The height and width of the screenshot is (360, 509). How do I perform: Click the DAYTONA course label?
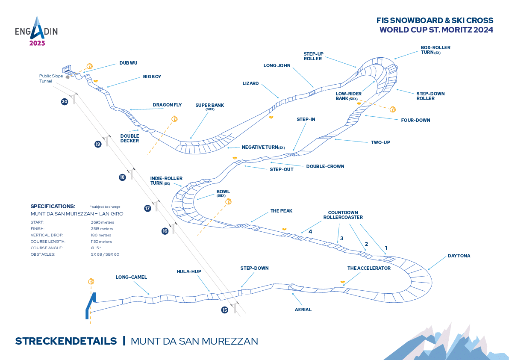459,256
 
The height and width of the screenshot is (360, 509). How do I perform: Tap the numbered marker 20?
65,102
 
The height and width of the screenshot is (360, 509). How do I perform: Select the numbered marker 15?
225,310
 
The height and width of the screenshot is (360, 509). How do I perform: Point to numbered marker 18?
122,177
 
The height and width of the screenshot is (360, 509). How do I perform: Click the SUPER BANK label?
209,106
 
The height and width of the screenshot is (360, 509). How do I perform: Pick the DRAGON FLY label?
165,105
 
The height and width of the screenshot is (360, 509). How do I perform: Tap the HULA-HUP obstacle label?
189,271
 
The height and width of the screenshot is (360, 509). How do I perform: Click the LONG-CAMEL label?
131,277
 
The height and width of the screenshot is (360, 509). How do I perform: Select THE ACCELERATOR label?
369,268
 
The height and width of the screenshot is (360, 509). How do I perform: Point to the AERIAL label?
303,309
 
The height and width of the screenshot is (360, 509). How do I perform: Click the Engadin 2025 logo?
36,31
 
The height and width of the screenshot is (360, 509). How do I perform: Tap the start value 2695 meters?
103,222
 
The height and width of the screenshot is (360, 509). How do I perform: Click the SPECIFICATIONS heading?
53,206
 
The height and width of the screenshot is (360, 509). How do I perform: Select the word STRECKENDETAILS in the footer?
66,341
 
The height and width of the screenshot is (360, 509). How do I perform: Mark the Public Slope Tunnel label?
51,78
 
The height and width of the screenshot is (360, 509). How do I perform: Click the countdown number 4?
311,231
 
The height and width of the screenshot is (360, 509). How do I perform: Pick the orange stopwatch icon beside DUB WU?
89,66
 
